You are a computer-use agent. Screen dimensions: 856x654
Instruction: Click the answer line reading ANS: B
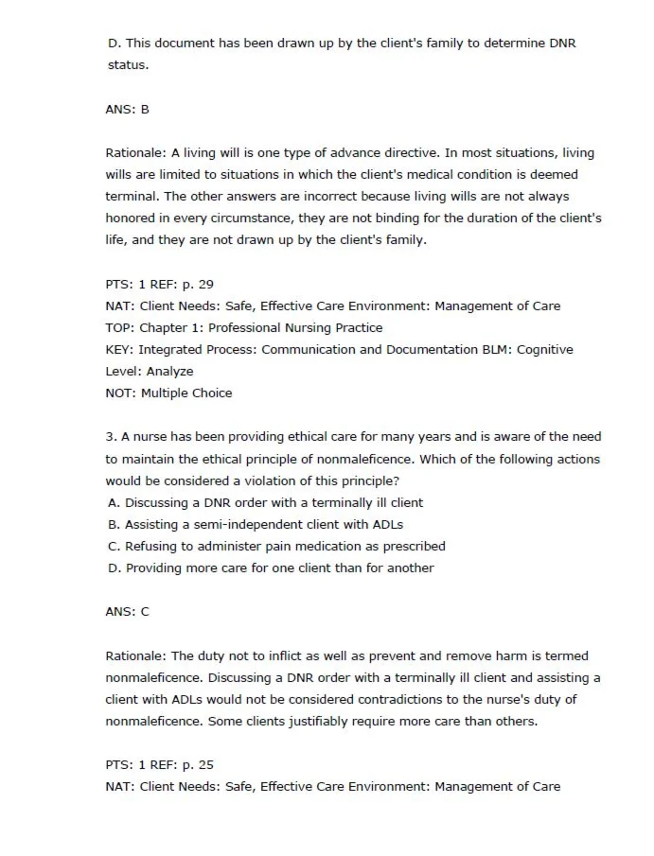127,110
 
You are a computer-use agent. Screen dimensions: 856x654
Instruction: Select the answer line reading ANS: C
127,612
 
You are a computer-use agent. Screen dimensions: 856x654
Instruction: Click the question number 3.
111,437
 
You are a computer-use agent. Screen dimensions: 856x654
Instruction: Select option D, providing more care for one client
271,568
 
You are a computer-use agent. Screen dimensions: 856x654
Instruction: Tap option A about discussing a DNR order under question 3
266,503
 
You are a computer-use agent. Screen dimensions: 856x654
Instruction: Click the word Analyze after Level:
169,372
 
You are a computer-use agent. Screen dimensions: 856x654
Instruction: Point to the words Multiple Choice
186,393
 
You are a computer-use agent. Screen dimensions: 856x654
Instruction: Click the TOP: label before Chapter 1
119,328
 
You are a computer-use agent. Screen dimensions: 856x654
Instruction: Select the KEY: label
119,350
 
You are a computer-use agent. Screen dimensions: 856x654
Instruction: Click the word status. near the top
128,65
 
